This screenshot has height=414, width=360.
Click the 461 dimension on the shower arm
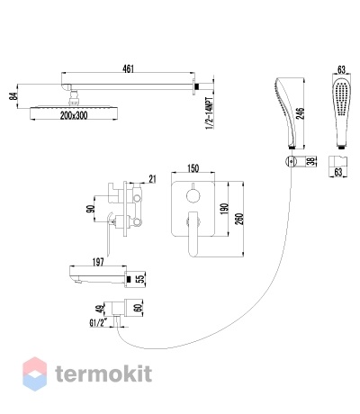coord(128,68)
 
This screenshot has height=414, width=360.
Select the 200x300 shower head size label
coord(74,115)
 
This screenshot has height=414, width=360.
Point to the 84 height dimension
coord(13,96)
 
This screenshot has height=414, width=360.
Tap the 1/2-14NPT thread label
coord(210,113)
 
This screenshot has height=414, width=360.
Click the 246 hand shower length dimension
coord(301,113)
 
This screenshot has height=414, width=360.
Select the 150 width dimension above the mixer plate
coord(193,168)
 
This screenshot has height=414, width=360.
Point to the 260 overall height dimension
coord(239,219)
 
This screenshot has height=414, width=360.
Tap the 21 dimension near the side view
coord(152,179)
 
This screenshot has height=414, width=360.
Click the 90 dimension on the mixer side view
coord(91,209)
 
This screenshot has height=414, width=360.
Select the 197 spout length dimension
coord(98,262)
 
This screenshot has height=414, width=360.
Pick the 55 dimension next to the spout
coord(141,279)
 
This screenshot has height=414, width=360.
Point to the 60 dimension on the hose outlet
coord(139,308)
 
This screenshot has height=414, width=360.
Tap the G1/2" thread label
coord(98,323)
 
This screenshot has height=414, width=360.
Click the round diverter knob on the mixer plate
coord(193,197)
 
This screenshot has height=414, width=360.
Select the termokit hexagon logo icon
coord(35,373)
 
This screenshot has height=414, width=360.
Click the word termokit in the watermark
coord(103,374)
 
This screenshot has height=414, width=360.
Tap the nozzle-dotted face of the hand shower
coord(341,98)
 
